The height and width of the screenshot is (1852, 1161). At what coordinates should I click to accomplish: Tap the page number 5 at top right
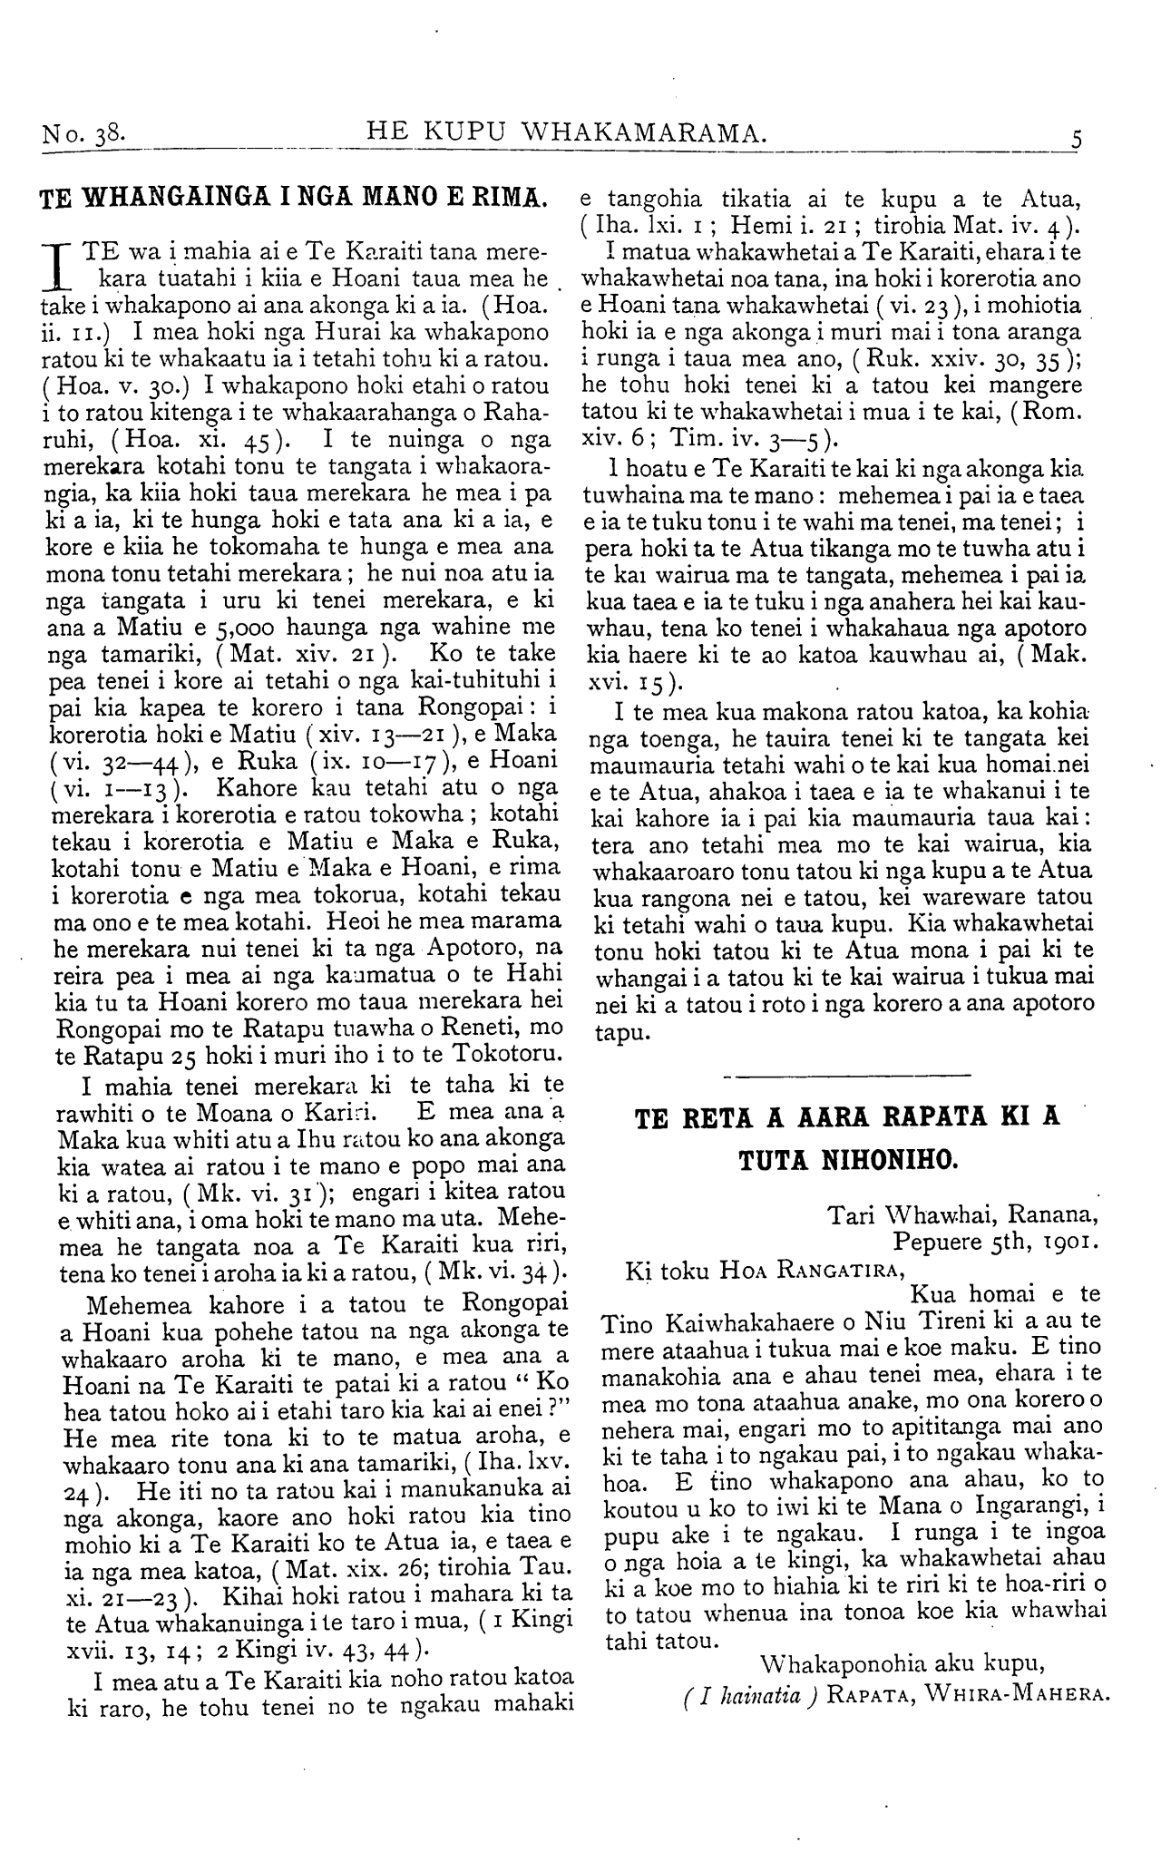[x=1077, y=140]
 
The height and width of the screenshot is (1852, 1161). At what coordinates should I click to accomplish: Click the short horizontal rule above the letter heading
[x=848, y=1077]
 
